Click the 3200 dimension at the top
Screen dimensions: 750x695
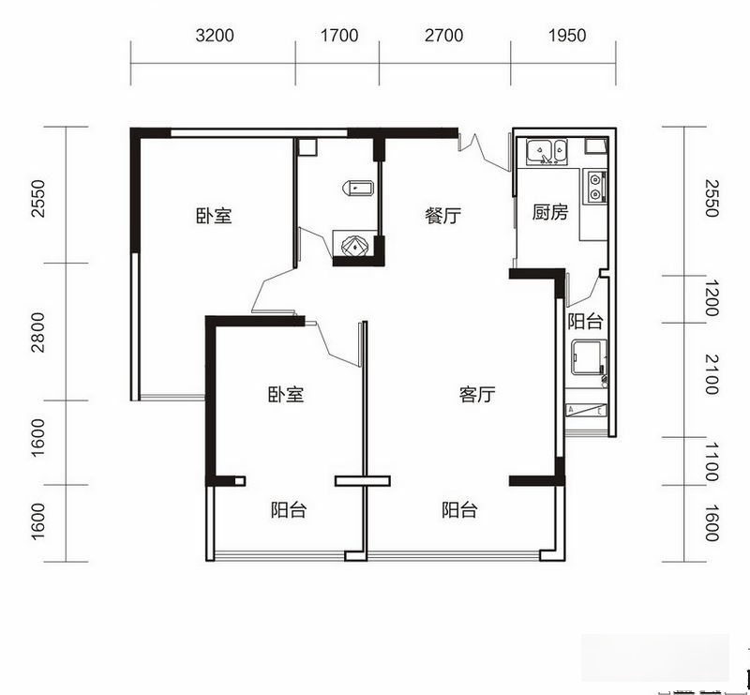(x=215, y=36)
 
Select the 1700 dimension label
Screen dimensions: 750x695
(x=339, y=36)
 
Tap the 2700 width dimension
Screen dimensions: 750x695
(x=443, y=36)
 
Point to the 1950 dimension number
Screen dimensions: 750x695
(x=567, y=36)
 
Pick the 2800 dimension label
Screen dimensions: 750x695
(x=37, y=332)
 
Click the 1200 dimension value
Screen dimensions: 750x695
(x=712, y=298)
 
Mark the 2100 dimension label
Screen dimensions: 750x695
(x=712, y=374)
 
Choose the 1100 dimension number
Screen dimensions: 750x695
(x=712, y=461)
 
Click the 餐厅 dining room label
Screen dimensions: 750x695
(x=442, y=216)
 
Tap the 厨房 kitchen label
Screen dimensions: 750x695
(x=550, y=212)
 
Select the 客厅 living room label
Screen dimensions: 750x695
(x=477, y=395)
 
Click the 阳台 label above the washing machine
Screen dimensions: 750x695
(x=585, y=321)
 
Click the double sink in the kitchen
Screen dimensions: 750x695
(x=547, y=151)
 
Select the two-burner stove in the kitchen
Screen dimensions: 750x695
(x=595, y=187)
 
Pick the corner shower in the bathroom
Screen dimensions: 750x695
(x=354, y=245)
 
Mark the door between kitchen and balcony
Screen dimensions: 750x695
(x=582, y=290)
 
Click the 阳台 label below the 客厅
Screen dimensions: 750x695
(x=459, y=510)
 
